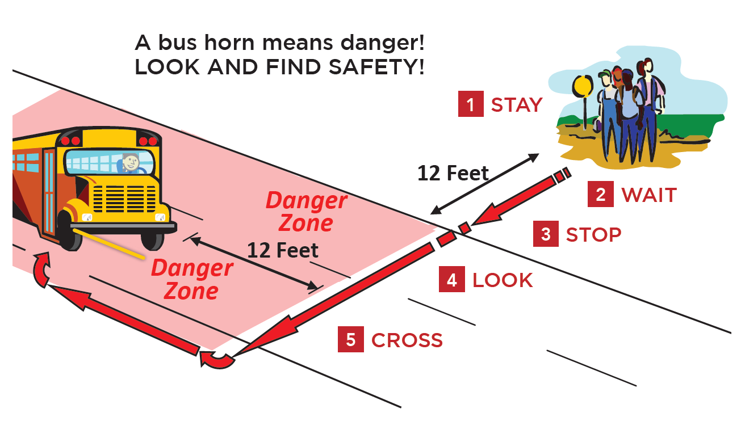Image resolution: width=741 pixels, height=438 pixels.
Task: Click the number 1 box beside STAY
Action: coord(471,104)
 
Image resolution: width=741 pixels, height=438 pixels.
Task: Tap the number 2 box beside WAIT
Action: coord(601,194)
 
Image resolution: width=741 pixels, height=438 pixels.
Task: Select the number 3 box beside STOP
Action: coord(546,234)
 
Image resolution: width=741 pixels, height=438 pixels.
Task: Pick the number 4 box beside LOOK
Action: coord(452,279)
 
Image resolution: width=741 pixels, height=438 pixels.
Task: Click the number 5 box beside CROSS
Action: coord(351,339)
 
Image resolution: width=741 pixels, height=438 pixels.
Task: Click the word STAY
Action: coord(517,105)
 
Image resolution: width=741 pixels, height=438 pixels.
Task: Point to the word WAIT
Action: coord(649,195)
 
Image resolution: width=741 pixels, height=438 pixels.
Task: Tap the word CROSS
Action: coord(407,340)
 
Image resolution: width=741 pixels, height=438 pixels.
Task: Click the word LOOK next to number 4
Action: coord(503,280)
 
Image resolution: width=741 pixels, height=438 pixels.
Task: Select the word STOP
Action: coord(593,235)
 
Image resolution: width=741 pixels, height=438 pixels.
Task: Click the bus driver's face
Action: coord(131,162)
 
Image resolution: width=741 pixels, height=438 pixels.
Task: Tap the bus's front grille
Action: coord(124,199)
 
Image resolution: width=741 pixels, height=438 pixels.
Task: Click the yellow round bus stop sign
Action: coord(583,86)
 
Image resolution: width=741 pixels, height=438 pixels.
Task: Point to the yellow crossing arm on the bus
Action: coord(108,243)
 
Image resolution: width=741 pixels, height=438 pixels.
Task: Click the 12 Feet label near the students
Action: coord(453,173)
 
